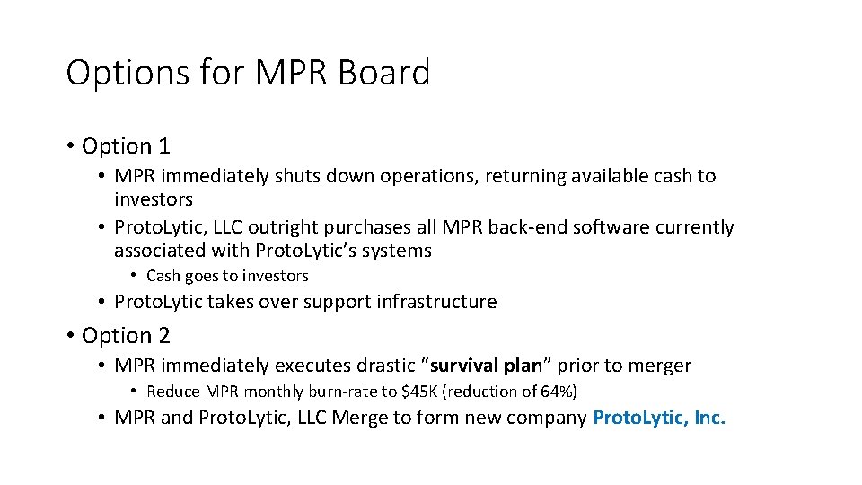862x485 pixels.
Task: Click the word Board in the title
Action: coord(384,73)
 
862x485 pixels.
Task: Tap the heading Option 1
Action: coord(126,145)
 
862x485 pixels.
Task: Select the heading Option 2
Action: coord(126,335)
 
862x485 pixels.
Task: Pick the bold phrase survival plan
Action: coord(488,366)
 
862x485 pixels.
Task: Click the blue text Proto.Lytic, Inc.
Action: coord(659,418)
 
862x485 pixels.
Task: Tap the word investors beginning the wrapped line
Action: coord(154,198)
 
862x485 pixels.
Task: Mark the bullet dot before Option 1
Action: coord(71,145)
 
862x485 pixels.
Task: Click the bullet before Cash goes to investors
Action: coord(133,276)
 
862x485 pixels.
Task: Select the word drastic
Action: coord(387,366)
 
